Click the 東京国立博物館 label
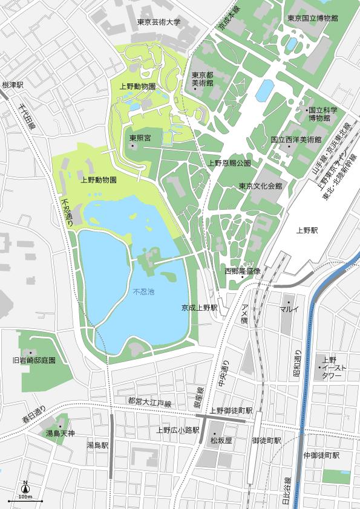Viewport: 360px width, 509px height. coord(312,18)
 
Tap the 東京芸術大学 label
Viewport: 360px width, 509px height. coord(159,22)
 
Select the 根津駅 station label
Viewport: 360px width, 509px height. coord(12,85)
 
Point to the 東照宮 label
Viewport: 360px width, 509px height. coord(140,138)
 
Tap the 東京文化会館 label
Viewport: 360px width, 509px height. coord(260,186)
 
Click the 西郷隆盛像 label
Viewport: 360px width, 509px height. coord(242,271)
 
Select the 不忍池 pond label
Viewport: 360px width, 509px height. coord(143,292)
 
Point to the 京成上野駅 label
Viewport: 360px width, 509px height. coord(199,308)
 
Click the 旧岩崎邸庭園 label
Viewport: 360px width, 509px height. coord(34,360)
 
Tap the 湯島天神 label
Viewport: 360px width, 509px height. coord(61,433)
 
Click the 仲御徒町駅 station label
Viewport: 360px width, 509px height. coord(321,455)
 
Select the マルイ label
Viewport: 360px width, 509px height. coord(290,309)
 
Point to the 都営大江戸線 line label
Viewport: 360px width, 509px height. coord(149,403)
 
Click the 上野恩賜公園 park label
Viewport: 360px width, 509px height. coord(229,163)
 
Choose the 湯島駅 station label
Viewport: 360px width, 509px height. coord(97,446)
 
